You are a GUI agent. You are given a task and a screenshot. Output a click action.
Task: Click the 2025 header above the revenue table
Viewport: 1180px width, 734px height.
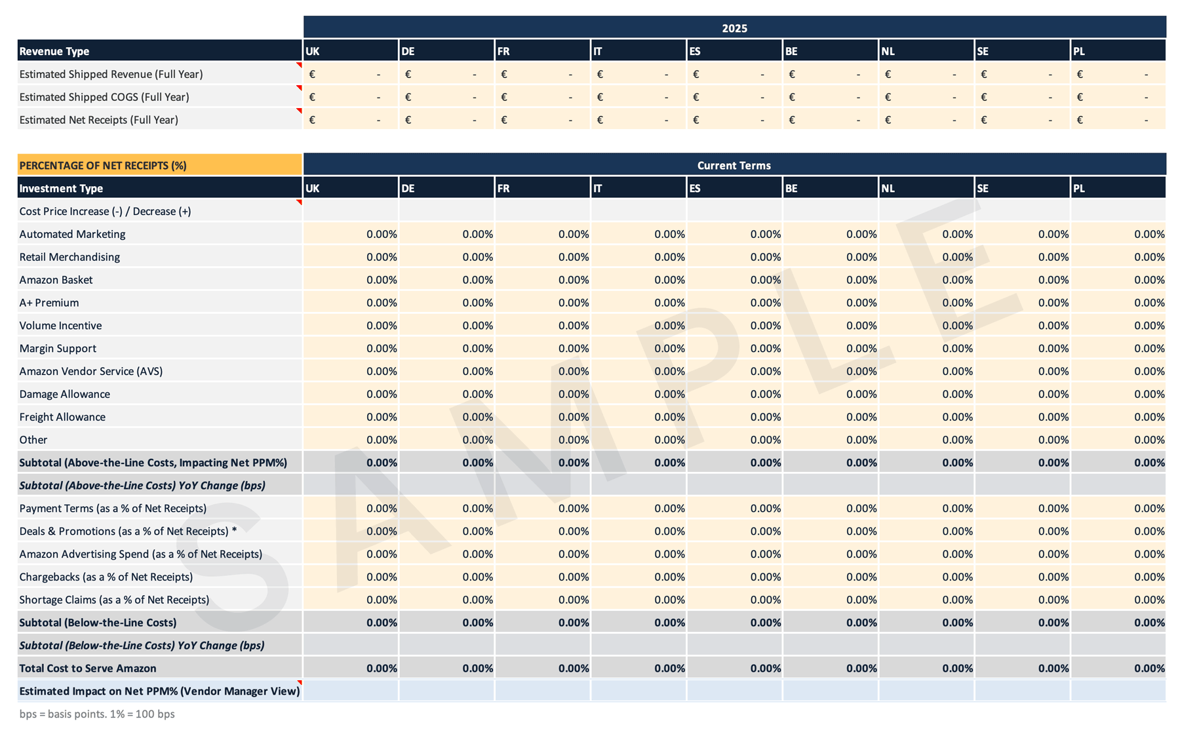[x=734, y=28]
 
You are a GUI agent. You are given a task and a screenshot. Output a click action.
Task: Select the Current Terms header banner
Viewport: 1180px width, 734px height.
[x=734, y=165]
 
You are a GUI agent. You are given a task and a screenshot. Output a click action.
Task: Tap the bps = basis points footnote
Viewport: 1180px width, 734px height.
[x=97, y=714]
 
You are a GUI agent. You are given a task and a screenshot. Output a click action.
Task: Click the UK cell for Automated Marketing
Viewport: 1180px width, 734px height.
[x=351, y=234]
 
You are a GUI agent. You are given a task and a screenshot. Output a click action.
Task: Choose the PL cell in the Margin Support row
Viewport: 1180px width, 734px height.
[x=1118, y=348]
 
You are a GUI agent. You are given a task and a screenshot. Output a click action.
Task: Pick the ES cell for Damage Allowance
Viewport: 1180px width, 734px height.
[x=734, y=394]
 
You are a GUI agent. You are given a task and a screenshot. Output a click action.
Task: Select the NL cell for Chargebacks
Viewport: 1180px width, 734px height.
[x=926, y=577]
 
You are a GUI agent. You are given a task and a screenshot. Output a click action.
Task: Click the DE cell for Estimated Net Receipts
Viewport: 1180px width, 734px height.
[x=446, y=120]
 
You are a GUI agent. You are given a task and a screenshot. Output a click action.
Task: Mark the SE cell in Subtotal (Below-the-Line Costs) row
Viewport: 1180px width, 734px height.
[x=1022, y=623]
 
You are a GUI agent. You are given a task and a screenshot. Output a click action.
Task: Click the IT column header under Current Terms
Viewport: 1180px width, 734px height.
[x=638, y=188]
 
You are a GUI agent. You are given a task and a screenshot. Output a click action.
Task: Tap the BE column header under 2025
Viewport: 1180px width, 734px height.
[x=830, y=51]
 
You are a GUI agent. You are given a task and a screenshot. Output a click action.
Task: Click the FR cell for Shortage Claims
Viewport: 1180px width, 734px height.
[x=542, y=600]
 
